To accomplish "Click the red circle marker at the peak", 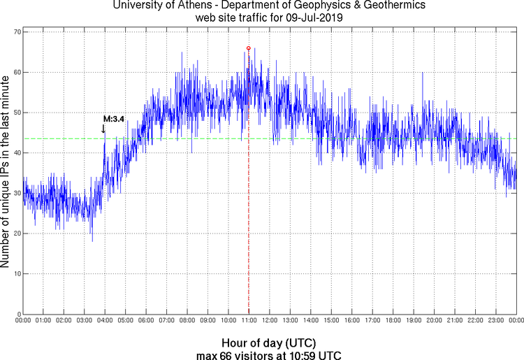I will click(x=248, y=48).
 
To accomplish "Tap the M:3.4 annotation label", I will click(x=114, y=120).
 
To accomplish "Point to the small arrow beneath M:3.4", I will click(x=103, y=129).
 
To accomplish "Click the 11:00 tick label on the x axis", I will click(x=249, y=320).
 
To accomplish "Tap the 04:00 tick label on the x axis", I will click(x=105, y=320).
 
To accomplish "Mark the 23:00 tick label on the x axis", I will click(x=496, y=320).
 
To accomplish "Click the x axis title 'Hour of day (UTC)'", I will click(x=269, y=343).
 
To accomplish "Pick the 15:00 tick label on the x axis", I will click(x=331, y=320).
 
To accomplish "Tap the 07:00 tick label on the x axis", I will click(x=166, y=320).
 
